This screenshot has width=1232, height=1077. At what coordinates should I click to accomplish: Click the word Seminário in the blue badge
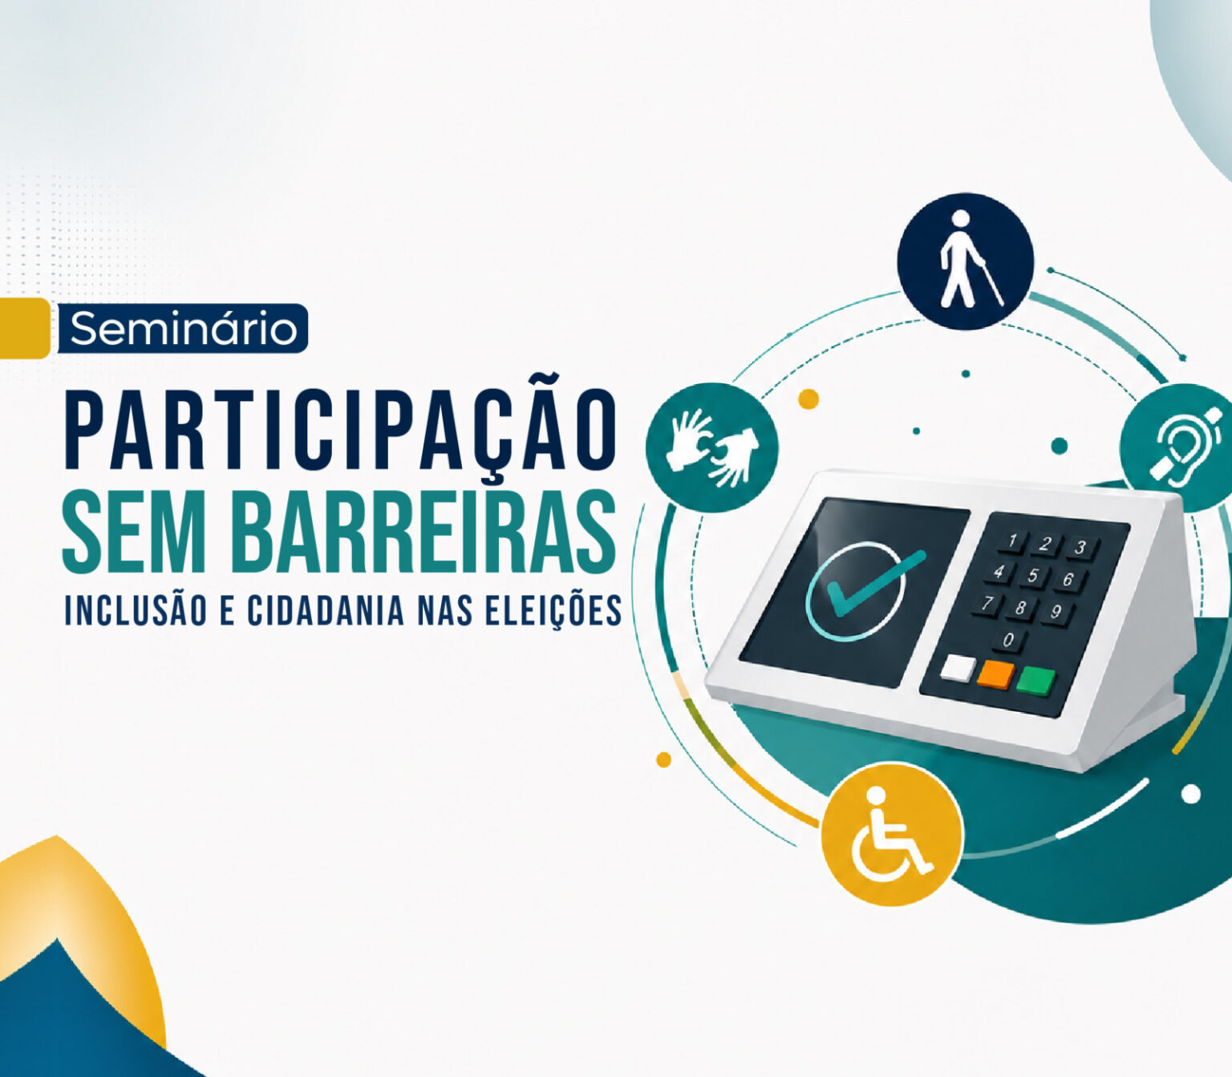click(183, 329)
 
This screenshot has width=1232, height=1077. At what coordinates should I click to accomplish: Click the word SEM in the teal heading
click(139, 530)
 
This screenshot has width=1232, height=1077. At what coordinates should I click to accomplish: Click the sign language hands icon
click(711, 448)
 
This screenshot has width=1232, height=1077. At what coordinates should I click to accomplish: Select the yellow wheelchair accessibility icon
click(892, 834)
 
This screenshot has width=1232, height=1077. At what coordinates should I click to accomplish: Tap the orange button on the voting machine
click(995, 674)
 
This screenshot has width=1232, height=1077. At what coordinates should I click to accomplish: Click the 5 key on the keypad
click(1033, 576)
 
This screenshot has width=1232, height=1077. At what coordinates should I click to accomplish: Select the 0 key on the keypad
click(1008, 640)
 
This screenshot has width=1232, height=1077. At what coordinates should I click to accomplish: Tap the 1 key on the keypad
click(1013, 540)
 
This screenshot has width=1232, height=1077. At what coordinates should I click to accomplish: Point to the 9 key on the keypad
click(1056, 612)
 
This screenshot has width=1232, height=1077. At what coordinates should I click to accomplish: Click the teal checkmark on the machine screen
click(876, 583)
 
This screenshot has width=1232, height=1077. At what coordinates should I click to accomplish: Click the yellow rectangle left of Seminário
click(24, 328)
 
